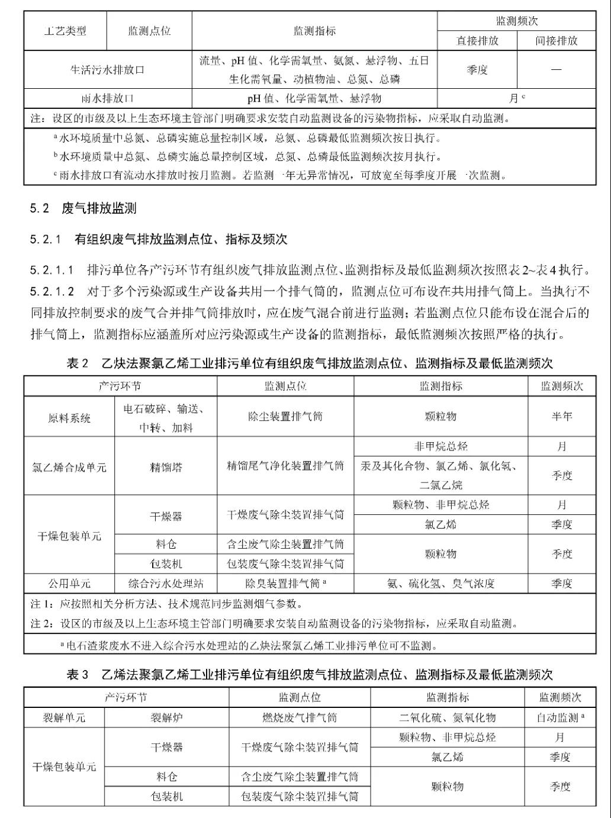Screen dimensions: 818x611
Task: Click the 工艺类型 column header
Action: click(65, 31)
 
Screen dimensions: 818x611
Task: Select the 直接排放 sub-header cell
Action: click(477, 41)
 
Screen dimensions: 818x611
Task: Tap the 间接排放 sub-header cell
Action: click(557, 41)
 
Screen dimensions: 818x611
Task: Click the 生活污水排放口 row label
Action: click(108, 70)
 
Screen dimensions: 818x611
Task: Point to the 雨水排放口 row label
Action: click(108, 98)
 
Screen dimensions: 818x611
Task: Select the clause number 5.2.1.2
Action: click(53, 291)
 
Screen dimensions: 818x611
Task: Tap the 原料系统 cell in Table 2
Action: click(69, 417)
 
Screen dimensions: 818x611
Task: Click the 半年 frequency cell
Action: click(561, 417)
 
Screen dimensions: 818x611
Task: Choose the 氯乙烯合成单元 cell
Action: click(69, 467)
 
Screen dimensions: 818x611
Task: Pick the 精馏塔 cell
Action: click(166, 467)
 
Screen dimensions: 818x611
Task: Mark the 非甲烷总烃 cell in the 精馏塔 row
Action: click(440, 446)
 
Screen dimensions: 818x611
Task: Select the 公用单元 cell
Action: click(69, 584)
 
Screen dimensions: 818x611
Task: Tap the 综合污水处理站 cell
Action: click(166, 584)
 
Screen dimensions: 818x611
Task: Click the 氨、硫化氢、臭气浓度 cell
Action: click(440, 584)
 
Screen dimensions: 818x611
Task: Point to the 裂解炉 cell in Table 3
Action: click(166, 718)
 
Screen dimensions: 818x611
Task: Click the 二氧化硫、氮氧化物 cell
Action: click(447, 718)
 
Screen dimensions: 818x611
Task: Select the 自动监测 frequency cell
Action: click(560, 718)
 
